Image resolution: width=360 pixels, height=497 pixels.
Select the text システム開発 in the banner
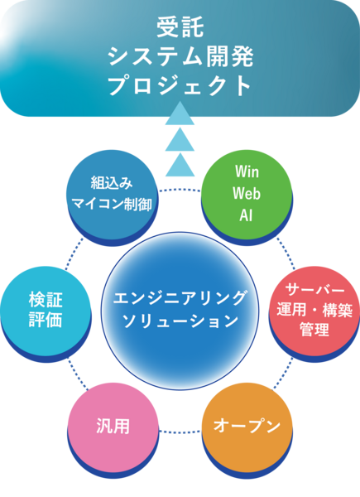click(x=180, y=55)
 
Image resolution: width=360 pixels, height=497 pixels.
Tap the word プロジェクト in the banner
click(x=180, y=85)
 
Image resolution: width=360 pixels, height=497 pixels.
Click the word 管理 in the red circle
click(x=315, y=331)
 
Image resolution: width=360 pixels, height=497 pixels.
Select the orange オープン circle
click(x=242, y=427)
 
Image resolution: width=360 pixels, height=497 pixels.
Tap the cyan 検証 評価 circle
click(x=46, y=308)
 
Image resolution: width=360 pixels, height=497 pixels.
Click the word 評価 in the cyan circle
click(x=46, y=321)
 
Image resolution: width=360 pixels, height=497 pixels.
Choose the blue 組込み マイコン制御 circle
click(x=112, y=193)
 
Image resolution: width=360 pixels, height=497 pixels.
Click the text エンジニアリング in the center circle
click(x=180, y=297)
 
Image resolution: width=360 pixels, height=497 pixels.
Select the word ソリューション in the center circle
click(x=180, y=320)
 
